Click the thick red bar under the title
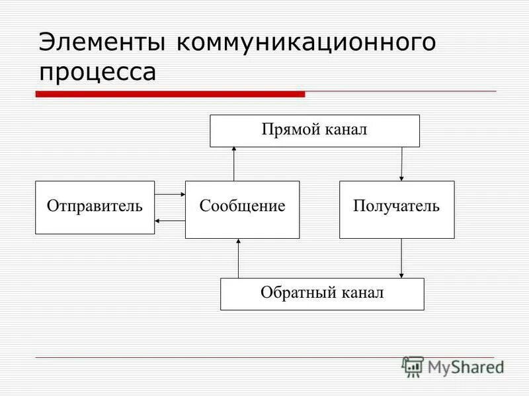click(170, 95)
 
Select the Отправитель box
click(95, 207)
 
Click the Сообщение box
click(242, 209)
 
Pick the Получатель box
click(397, 209)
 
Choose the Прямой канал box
click(315, 130)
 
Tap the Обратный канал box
click(322, 294)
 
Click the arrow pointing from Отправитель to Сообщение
click(170, 195)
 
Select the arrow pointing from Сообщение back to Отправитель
click(170, 220)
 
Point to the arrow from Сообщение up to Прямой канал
click(234, 163)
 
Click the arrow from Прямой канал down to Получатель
click(402, 163)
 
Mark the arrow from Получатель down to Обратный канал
click(402, 258)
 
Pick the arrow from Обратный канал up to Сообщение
click(239, 258)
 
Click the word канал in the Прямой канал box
click(345, 130)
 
